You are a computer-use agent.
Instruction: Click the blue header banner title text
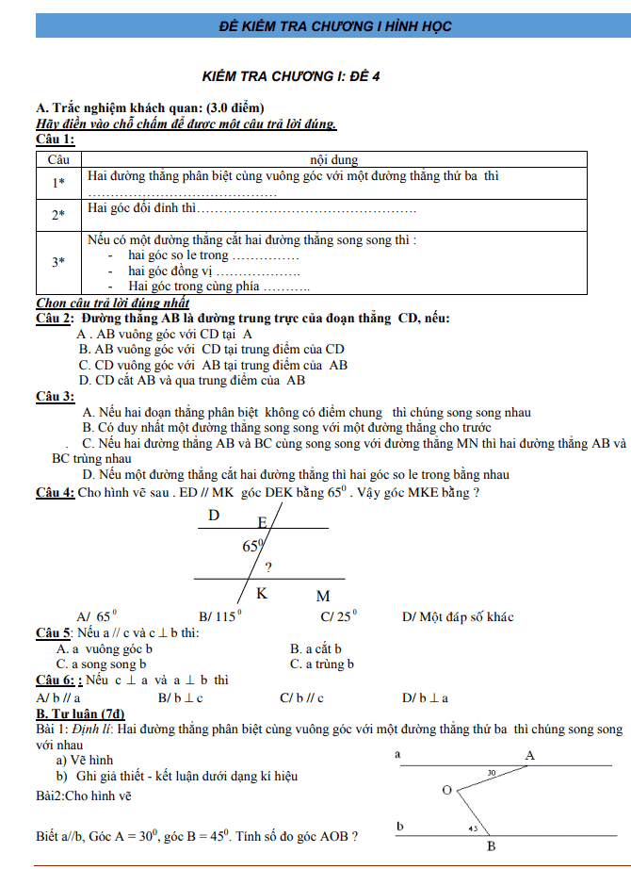tap(315, 25)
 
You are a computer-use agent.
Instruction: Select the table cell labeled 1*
tap(58, 184)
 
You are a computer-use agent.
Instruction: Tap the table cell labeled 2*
tap(58, 215)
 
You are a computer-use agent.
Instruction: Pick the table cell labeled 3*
tap(58, 261)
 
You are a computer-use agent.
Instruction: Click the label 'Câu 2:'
tap(55, 319)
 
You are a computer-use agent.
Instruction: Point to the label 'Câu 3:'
tap(55, 397)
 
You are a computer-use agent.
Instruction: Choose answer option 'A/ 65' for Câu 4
tap(96, 617)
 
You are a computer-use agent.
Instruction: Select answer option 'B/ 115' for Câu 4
tap(219, 617)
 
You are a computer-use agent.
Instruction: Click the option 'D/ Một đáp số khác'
tap(457, 617)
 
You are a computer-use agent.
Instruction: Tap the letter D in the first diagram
tap(214, 516)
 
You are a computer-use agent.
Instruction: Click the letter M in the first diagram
tap(323, 596)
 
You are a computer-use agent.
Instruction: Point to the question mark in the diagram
tap(268, 567)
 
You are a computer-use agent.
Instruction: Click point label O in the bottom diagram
tap(446, 789)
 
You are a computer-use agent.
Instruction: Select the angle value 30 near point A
tap(492, 773)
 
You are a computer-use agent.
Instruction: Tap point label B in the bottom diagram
tap(491, 845)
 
